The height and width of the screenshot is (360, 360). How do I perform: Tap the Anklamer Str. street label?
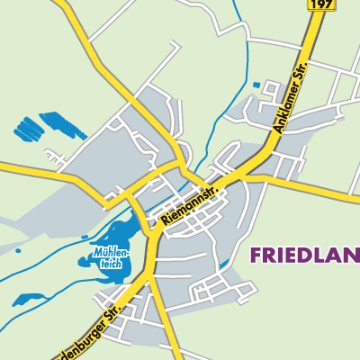tap(291, 100)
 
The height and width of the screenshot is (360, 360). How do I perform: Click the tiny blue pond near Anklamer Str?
tap(256, 85)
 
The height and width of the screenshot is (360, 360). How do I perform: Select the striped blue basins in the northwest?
tap(45, 127)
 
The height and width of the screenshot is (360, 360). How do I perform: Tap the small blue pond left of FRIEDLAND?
tap(222, 264)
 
